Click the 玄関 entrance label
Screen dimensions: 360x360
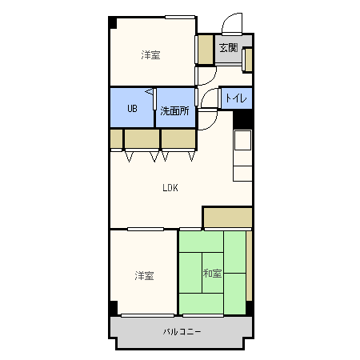coord(228,48)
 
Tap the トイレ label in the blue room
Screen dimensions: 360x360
coord(235,98)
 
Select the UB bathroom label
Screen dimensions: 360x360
coord(133,110)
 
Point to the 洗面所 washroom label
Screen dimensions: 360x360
coord(174,111)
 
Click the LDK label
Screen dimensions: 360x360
coord(170,188)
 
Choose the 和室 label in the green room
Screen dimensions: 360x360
coord(212,274)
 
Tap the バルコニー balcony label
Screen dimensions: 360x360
coord(182,331)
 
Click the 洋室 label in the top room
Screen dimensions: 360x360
coord(150,55)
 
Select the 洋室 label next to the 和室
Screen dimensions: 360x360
coord(144,275)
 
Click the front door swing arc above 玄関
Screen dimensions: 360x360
coord(231,23)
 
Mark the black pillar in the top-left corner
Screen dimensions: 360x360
coord(113,22)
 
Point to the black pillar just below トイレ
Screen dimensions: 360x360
coord(242,118)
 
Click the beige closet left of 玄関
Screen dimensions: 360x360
coord(206,50)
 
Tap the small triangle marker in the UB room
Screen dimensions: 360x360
coord(149,94)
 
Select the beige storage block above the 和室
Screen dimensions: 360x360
coord(227,217)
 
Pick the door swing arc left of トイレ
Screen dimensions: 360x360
coord(210,99)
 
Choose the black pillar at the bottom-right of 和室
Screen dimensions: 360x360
coord(250,308)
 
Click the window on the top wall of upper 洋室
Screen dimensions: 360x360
coord(179,16)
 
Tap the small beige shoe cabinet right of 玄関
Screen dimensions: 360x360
coord(248,59)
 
